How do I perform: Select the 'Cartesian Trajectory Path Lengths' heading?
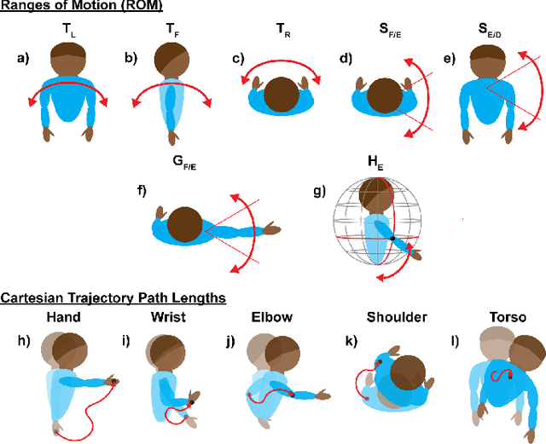coord(113,297)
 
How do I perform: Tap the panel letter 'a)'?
coord(23,59)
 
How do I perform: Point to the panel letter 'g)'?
coord(320,191)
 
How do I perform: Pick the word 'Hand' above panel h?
coord(64,318)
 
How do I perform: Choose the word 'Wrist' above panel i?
coord(168,318)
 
